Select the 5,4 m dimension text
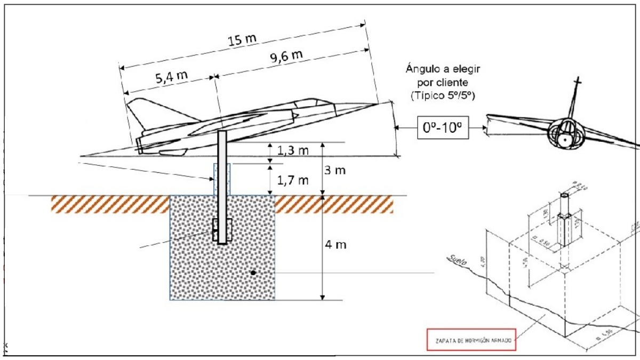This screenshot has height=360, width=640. [172, 76]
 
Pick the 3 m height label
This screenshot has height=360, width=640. [336, 171]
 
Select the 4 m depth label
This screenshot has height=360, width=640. [336, 245]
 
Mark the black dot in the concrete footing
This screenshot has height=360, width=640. [253, 273]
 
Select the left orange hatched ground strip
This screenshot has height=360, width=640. [110, 204]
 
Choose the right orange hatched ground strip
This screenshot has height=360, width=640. [334, 204]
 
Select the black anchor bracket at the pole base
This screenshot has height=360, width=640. [222, 230]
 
